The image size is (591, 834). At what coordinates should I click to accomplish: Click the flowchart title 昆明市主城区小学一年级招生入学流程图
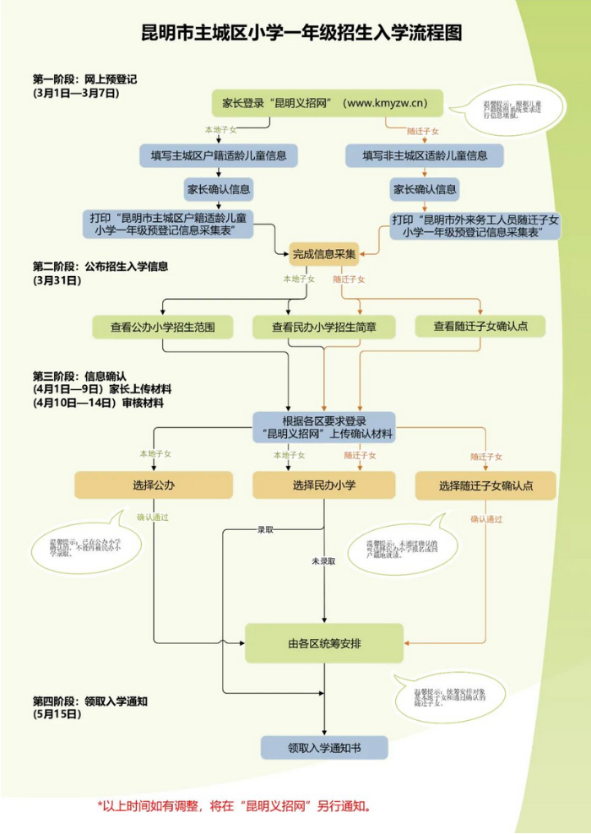pyautogui.click(x=301, y=33)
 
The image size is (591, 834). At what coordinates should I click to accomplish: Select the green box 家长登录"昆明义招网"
pyautogui.click(x=323, y=104)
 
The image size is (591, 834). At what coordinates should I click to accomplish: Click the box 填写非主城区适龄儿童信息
pyautogui.click(x=425, y=155)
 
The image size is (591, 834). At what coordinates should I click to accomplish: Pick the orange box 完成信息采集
pyautogui.click(x=323, y=252)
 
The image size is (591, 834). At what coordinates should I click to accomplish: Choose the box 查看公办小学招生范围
pyautogui.click(x=162, y=327)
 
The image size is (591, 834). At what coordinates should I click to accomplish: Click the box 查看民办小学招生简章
pyautogui.click(x=323, y=327)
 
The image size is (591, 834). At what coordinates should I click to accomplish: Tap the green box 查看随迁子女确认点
pyautogui.click(x=480, y=326)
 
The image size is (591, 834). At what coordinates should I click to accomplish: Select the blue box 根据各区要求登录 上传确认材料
pyautogui.click(x=323, y=428)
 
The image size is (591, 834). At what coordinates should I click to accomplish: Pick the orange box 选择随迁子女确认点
pyautogui.click(x=485, y=485)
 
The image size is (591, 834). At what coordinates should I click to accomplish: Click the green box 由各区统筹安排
pyautogui.click(x=323, y=643)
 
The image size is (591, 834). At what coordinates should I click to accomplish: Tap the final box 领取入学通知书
pyautogui.click(x=323, y=747)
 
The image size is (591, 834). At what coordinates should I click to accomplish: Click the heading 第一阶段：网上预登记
pyautogui.click(x=84, y=79)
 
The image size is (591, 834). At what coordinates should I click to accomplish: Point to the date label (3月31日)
pyautogui.click(x=57, y=279)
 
